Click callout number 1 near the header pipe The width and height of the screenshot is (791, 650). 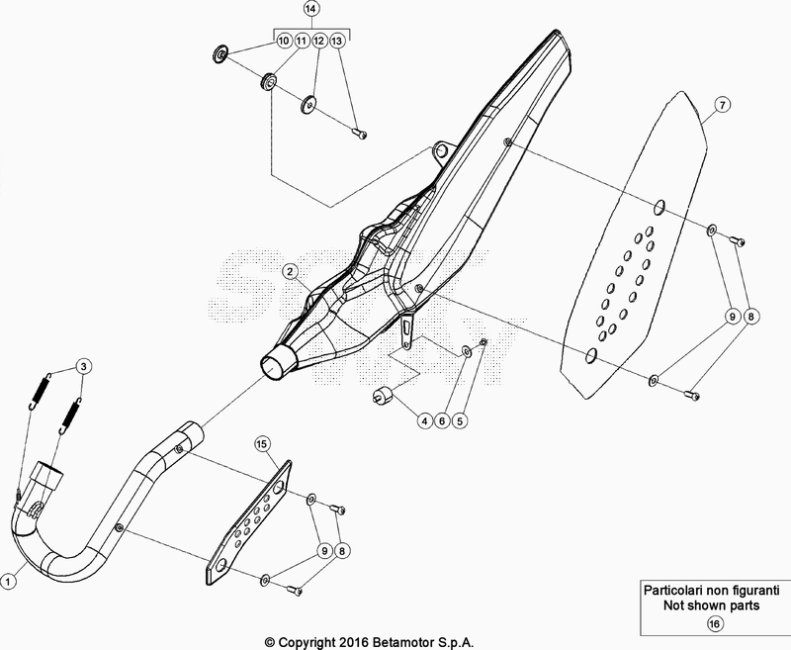coord(9,582)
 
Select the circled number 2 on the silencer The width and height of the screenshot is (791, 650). coord(290,270)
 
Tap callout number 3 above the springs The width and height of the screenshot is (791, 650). coord(85,366)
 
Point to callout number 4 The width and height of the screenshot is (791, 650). coord(422,420)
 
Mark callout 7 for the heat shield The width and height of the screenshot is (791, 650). coord(722,104)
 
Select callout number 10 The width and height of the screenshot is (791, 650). coord(283,42)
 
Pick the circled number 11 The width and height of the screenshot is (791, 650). coord(301,42)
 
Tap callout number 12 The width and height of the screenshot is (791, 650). coord(318,42)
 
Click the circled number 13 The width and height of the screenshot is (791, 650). coord(337,42)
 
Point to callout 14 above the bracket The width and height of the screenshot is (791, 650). coord(310,9)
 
